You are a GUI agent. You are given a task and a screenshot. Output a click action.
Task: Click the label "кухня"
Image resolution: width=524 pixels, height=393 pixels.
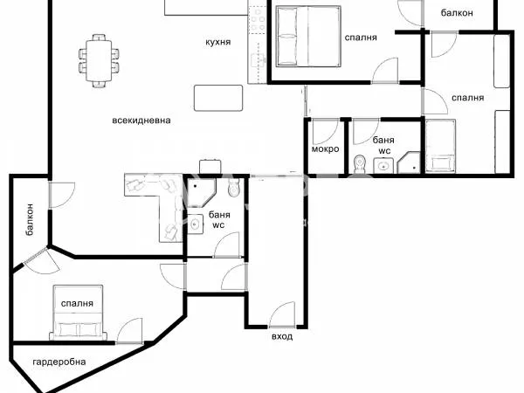217,42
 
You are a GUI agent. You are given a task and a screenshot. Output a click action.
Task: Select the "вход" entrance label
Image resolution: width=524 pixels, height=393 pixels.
281,336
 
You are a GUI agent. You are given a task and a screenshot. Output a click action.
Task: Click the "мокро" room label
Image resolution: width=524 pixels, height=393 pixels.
325,148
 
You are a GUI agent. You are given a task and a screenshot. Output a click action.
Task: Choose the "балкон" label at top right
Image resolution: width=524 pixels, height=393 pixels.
457,12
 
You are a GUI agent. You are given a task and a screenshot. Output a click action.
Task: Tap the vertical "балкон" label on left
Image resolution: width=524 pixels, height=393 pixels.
30,218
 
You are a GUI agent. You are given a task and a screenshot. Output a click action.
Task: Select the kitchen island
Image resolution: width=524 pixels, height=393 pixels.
217,97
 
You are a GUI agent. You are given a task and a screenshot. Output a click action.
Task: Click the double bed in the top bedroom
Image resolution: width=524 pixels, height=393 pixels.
307,36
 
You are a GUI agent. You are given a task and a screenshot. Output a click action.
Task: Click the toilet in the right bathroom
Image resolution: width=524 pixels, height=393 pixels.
361,162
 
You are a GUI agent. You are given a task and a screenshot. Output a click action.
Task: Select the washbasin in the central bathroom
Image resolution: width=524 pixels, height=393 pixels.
196,224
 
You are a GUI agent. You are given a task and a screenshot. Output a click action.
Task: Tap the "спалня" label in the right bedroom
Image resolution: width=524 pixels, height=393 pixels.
468,98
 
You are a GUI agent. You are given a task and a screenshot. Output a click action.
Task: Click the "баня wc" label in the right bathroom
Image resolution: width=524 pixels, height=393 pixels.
383,145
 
